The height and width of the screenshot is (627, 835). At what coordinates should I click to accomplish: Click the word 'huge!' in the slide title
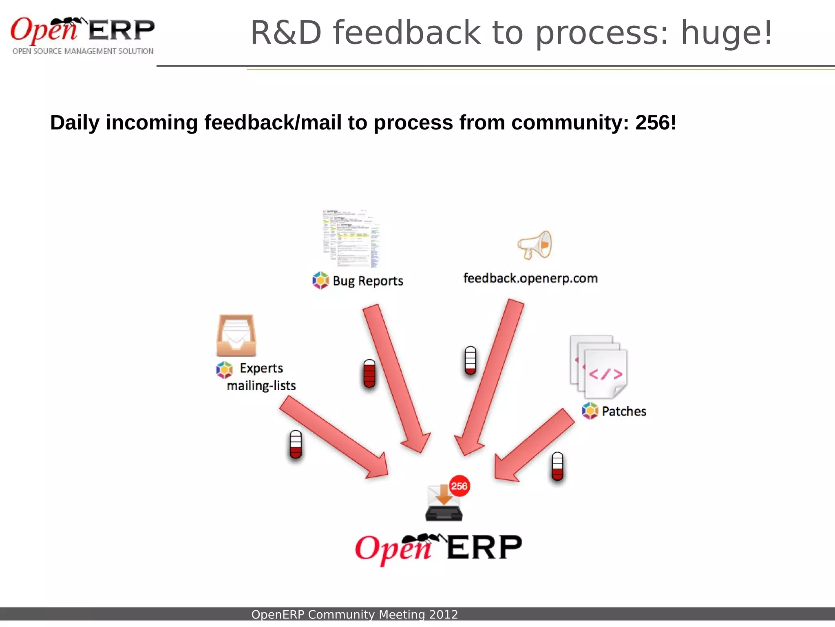coord(726,33)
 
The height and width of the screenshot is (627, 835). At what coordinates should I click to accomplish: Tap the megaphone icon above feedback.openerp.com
coord(535,245)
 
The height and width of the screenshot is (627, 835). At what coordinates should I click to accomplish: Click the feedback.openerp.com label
coord(530,278)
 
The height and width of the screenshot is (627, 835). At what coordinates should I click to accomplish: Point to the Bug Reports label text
coord(367,281)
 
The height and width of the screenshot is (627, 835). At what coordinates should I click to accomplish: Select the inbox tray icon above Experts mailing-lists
coord(236,336)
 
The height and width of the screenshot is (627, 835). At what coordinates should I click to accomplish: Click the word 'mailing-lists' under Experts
coord(261,386)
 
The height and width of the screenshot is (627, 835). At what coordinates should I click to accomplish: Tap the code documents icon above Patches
coord(599,367)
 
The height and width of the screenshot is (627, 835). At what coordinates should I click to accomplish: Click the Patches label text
coord(624,411)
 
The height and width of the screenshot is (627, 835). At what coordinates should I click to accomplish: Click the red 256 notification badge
coord(459,486)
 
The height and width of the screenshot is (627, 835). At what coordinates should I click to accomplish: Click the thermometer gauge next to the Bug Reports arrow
coord(369,373)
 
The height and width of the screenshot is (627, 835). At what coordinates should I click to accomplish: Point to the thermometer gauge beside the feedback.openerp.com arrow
coord(470,360)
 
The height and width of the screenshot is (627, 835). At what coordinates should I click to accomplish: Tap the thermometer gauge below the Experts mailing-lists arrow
coord(296,444)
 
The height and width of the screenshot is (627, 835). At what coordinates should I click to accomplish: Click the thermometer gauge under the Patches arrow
coord(557,466)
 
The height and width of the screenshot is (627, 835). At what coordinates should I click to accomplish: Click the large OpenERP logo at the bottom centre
coord(438,548)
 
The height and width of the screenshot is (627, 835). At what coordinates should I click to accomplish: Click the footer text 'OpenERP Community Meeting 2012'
coord(354,614)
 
